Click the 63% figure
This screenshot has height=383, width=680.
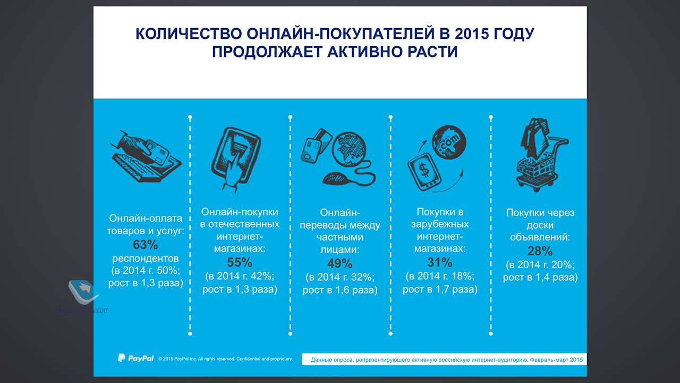(146, 245)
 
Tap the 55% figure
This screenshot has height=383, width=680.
(240, 263)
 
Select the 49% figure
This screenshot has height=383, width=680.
(339, 263)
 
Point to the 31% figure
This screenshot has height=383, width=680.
(440, 263)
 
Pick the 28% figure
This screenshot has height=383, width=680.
(540, 251)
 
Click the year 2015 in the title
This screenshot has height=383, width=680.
(472, 34)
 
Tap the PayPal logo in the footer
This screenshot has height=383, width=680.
(135, 358)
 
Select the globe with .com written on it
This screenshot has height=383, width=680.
(449, 142)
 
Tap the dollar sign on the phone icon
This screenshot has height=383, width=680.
(424, 170)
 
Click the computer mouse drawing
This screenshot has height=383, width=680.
(336, 179)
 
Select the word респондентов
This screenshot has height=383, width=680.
(146, 259)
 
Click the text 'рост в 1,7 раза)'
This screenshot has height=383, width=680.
(440, 289)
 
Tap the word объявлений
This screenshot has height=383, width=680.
(540, 237)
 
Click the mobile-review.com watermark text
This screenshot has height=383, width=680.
(82, 310)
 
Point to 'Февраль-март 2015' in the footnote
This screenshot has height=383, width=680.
(556, 360)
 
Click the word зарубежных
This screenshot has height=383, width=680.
(440, 224)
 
